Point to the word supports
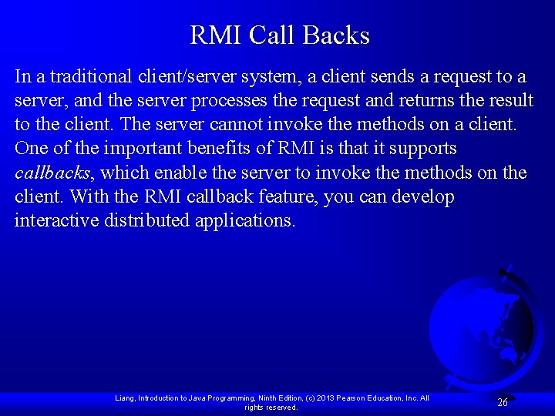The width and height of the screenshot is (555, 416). point(423,149)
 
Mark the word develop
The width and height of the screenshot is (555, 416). point(423,197)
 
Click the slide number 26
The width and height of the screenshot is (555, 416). point(503,402)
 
